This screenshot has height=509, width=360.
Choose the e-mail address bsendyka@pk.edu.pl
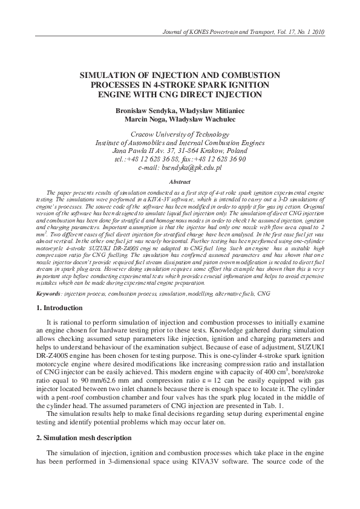[x=192, y=167]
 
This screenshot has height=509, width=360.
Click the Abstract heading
[x=180, y=181]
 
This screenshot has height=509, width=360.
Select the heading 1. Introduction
[x=58, y=309]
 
